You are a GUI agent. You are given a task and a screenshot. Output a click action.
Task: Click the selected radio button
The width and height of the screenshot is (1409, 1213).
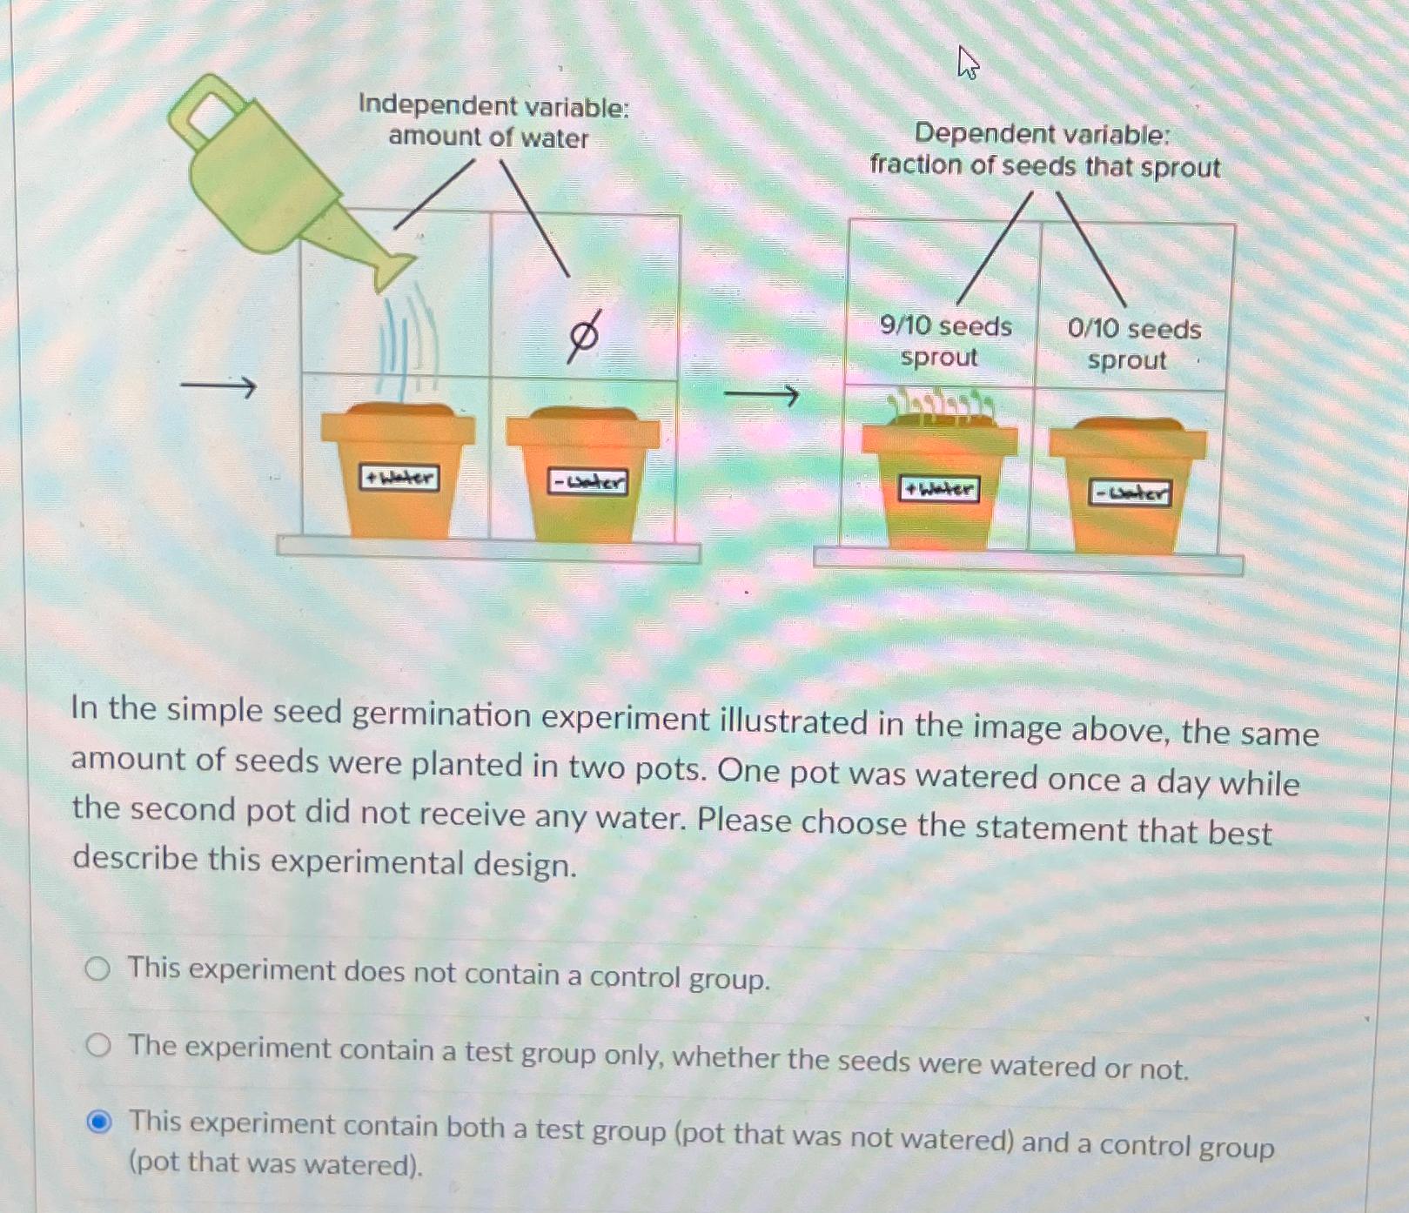(100, 1123)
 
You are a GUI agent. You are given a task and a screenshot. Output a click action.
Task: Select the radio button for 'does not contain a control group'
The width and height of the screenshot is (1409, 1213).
(97, 968)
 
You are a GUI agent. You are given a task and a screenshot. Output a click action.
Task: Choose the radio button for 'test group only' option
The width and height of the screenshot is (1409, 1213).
(98, 1045)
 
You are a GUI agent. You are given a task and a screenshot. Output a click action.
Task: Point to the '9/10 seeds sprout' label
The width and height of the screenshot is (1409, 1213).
(944, 341)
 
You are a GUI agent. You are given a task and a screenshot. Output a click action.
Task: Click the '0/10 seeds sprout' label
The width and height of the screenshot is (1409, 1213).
(1133, 344)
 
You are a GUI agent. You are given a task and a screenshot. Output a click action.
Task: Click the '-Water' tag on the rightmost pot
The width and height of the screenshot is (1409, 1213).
(1130, 494)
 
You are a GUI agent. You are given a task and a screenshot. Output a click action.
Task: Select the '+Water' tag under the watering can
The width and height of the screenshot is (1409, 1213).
(399, 478)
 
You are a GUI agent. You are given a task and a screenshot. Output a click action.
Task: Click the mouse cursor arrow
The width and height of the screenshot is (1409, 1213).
(967, 63)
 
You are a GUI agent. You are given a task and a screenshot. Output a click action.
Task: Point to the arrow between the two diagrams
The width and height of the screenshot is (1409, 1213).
(762, 396)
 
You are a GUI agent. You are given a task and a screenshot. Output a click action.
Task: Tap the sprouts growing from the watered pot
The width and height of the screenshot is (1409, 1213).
(940, 407)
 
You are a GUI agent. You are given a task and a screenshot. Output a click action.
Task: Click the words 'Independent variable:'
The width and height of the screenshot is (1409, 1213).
(493, 106)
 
